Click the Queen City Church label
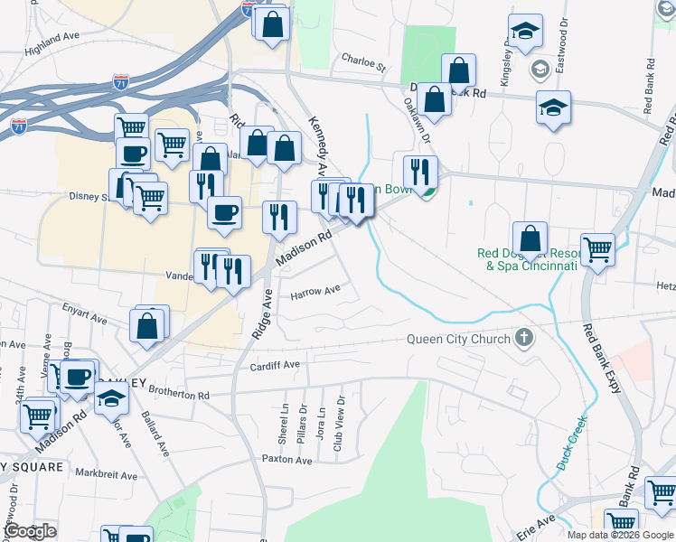point(458,340)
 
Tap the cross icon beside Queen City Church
point(522,339)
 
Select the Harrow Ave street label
point(315,291)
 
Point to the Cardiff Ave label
point(275,365)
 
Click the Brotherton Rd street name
point(179,395)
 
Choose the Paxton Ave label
point(286,460)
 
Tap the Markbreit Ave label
point(106,474)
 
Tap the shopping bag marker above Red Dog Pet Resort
point(530,239)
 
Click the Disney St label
point(89,195)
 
